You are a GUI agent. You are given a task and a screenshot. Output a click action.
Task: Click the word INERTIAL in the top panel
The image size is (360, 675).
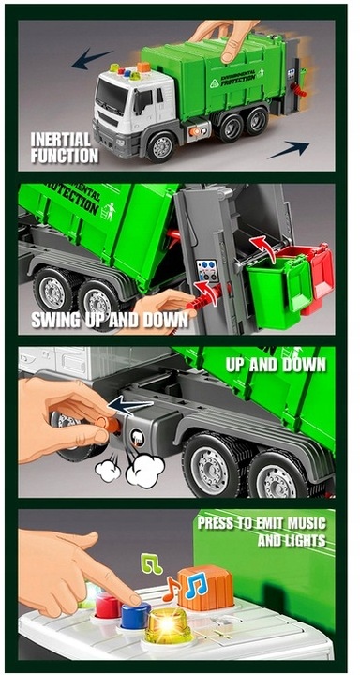point(60,140)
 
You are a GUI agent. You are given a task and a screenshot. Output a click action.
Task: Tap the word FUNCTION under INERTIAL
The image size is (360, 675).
point(65,156)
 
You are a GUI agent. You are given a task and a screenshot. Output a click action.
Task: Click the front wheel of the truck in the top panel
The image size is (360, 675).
point(161,147)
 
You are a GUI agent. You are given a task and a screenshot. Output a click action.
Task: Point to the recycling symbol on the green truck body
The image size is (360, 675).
point(215,83)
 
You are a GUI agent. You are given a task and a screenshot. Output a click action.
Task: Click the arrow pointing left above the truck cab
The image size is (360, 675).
point(92,58)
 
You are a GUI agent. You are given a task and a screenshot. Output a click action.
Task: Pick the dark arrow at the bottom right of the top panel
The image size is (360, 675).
point(289,149)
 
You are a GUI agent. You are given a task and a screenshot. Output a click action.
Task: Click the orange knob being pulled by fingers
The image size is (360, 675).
point(109,423)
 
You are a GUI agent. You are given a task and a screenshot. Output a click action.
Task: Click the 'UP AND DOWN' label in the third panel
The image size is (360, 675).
point(276,365)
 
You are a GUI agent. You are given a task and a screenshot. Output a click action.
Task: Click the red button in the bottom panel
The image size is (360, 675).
point(108,605)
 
